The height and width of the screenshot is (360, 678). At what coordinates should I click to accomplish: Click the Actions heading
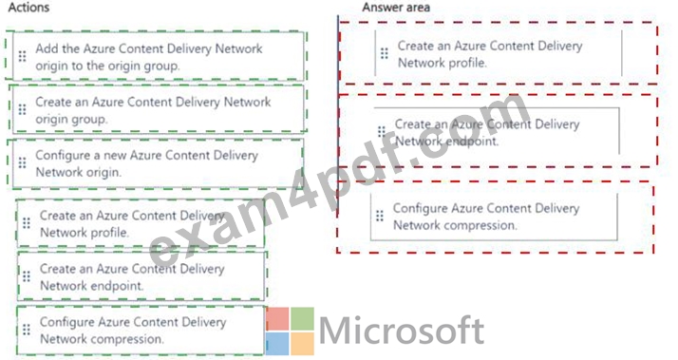(28, 8)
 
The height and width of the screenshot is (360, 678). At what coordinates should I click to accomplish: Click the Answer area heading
(396, 8)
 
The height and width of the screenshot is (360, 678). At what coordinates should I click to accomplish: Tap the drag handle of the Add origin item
(22, 56)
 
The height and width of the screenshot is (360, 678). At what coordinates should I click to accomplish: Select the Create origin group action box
(159, 110)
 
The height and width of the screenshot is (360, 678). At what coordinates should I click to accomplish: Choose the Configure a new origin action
(159, 163)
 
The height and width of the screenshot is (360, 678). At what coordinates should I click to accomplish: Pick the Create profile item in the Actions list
(141, 223)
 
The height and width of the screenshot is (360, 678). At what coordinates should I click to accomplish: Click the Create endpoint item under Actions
(141, 276)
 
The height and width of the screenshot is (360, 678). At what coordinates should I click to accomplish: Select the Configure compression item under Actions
(141, 331)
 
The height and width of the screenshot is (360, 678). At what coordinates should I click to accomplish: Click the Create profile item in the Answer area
(499, 53)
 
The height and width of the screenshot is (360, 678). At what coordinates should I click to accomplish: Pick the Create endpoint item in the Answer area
(497, 131)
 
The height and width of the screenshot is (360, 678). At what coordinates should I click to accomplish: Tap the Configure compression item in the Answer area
(494, 217)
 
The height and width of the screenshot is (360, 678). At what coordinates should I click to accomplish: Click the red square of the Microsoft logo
(277, 319)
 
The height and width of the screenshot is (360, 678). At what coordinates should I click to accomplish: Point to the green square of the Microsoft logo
(302, 319)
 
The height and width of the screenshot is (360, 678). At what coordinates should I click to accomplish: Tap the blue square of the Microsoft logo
(277, 344)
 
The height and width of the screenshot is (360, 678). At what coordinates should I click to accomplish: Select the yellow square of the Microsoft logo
(302, 344)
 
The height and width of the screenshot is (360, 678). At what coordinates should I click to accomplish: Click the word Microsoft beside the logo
(402, 331)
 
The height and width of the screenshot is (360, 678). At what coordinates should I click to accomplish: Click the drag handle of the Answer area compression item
(380, 216)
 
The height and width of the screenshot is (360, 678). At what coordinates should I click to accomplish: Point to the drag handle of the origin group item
(22, 109)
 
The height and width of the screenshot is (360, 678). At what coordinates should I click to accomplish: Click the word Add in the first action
(47, 48)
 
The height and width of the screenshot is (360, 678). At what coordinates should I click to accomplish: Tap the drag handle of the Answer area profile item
(384, 53)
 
